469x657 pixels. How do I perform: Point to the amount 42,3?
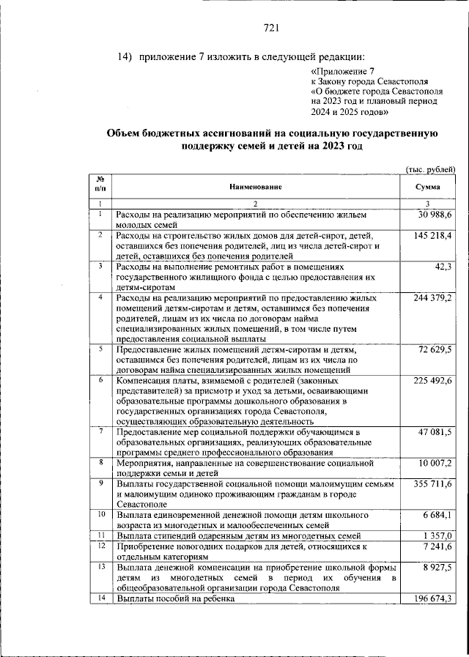point(444,267)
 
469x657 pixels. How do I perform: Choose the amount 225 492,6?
point(432,382)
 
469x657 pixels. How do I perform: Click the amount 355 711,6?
point(432,485)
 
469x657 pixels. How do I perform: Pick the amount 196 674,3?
point(432,598)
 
